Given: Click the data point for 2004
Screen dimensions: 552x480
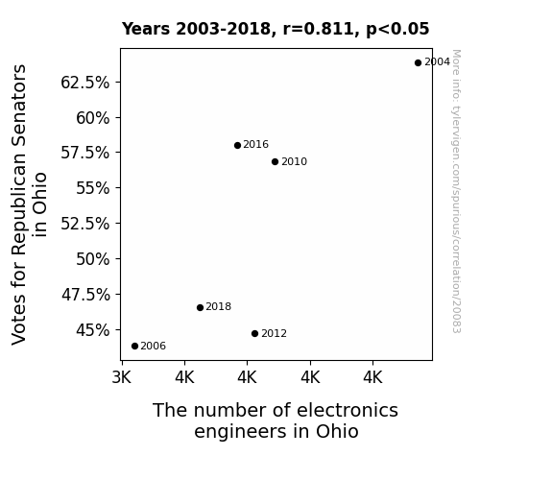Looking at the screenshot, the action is point(418,63).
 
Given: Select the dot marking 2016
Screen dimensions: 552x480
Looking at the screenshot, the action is point(237,146).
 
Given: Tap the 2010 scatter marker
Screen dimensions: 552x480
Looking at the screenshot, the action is point(275,162).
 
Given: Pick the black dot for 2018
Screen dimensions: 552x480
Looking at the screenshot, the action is point(200,308).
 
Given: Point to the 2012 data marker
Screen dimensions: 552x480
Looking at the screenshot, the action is point(254,333).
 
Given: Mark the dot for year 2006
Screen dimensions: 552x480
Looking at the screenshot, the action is point(134,347).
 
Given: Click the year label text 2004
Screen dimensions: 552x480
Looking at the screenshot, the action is point(437,62).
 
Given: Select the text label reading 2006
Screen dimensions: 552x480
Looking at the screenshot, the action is point(154,347).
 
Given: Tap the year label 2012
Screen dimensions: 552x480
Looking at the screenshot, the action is point(274,333).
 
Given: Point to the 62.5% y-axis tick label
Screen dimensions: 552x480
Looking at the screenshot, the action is point(84,83).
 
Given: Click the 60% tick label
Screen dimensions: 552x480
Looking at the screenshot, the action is point(92,118).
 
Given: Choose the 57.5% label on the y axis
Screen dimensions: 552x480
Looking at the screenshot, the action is point(84,153).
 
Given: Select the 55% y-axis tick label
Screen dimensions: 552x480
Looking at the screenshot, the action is point(92,188).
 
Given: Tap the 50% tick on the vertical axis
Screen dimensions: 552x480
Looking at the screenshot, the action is point(92,259).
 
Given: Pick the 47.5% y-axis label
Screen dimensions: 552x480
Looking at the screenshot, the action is point(85,295).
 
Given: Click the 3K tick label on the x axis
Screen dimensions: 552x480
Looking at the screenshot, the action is point(122,377).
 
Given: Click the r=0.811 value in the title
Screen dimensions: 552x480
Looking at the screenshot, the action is point(318,29).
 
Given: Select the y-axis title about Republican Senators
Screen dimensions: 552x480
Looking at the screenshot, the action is point(29,204).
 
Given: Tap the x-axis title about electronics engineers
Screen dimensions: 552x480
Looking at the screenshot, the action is point(276,420).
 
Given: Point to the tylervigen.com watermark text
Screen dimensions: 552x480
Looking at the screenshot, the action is point(456,191).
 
